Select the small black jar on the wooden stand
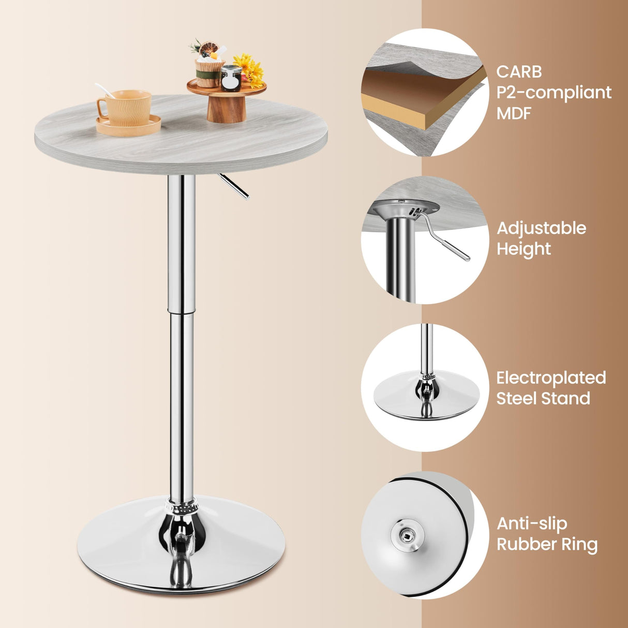click(231, 79)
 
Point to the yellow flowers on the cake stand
click(250, 70)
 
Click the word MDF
click(514, 113)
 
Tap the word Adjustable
click(541, 228)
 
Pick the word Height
click(524, 249)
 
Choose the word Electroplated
click(551, 378)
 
